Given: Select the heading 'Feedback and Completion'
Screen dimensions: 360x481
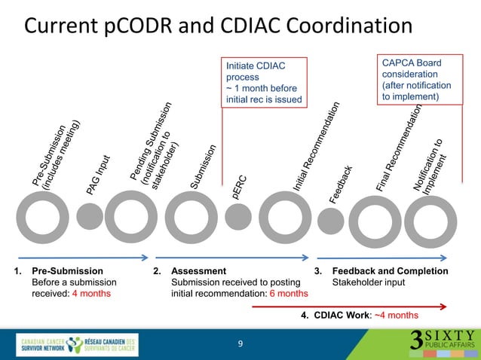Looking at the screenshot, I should point(390,271).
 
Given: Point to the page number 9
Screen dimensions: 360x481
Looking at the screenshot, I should point(240,344).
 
